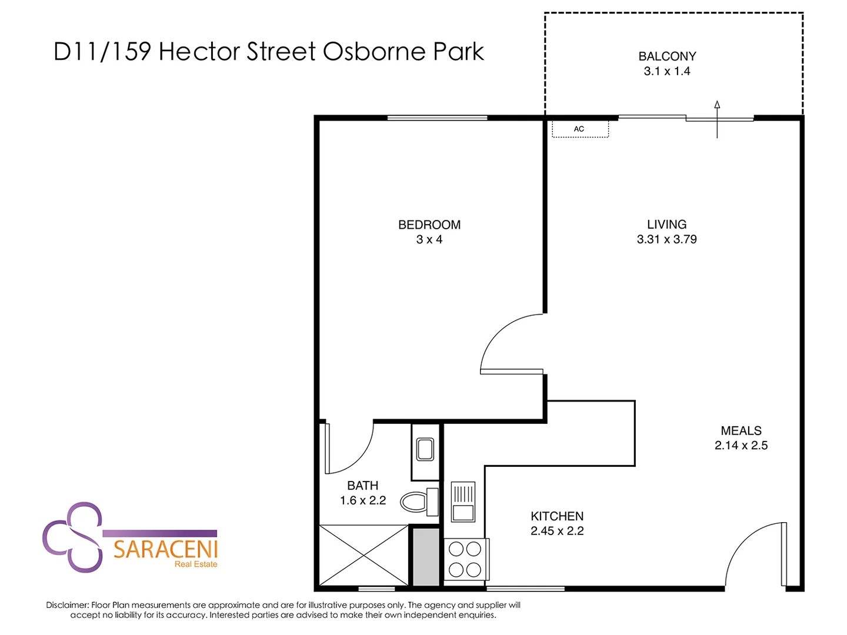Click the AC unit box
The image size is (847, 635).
point(579,129)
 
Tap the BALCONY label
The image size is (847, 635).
point(667,56)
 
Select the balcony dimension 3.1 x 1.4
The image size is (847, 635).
point(667,71)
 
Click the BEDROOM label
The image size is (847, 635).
point(429,225)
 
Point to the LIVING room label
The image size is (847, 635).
point(666,225)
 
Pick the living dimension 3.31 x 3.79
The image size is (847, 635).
point(666,239)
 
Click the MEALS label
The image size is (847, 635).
point(741,431)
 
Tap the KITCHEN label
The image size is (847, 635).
point(557,516)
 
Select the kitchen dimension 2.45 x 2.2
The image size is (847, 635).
point(557,531)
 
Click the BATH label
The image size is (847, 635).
point(362,486)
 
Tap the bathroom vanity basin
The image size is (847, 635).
point(425,450)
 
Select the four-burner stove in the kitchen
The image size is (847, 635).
point(465,559)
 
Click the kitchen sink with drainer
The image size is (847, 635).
point(463,502)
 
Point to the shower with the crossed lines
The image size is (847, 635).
point(364,555)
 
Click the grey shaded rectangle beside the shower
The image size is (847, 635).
point(425,556)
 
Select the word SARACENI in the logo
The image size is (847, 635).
point(165,550)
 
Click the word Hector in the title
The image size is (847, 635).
point(199,52)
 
